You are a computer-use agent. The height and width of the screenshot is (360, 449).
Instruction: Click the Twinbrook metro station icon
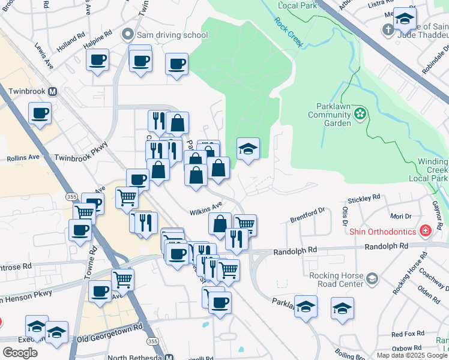coord(53,92)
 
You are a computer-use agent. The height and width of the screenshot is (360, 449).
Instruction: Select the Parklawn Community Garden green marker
coord(360,113)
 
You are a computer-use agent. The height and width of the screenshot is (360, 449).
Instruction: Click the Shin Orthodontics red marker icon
coord(426,230)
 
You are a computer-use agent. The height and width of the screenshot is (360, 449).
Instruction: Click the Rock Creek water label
coord(289,32)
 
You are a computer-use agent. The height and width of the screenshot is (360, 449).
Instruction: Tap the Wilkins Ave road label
coord(206,209)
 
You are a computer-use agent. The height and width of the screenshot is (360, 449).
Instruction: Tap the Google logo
coord(20,353)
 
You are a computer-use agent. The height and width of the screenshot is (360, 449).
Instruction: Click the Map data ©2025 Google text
coord(412,355)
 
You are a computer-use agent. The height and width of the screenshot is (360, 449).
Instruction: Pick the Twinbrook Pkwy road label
coord(80,151)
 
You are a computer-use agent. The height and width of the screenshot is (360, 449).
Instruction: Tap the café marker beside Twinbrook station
coord(40,113)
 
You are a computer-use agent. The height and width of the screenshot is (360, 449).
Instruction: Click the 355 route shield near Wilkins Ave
coord(70,197)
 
